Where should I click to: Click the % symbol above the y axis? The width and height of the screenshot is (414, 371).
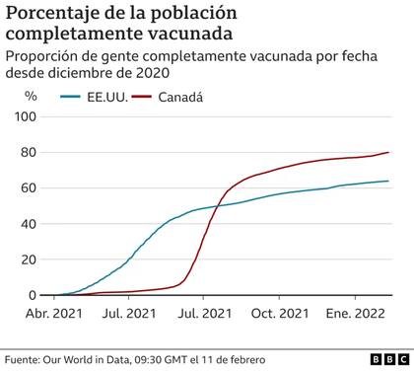(x=31, y=97)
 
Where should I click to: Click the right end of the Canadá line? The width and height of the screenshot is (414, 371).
(x=388, y=152)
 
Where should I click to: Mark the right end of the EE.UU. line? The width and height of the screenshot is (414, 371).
(x=388, y=181)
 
